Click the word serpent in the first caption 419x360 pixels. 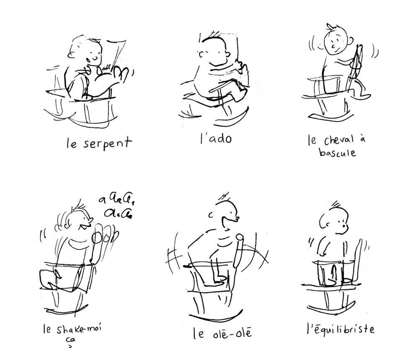[x=107, y=144]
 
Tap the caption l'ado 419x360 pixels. [x=216, y=138]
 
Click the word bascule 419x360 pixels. [x=337, y=153]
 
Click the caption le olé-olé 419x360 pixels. [x=222, y=333]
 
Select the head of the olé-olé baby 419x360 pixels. [x=226, y=213]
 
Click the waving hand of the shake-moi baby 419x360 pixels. [x=104, y=236]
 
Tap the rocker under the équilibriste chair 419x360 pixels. [x=331, y=306]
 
